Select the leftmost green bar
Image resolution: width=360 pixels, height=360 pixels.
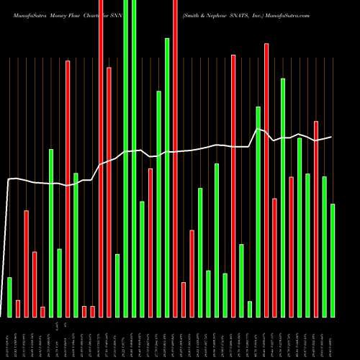[9, 297]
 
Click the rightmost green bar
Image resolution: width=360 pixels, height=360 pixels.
[333, 260]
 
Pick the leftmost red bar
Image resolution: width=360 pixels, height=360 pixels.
[18, 308]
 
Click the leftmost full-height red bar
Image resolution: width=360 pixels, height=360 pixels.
[101, 158]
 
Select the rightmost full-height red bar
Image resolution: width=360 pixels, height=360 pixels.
[175, 158]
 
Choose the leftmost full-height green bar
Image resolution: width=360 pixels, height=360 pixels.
[125, 158]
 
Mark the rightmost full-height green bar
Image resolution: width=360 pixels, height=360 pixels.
[134, 158]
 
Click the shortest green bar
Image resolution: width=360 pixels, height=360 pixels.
[250, 309]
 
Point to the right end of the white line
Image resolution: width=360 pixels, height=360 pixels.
[332, 137]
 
